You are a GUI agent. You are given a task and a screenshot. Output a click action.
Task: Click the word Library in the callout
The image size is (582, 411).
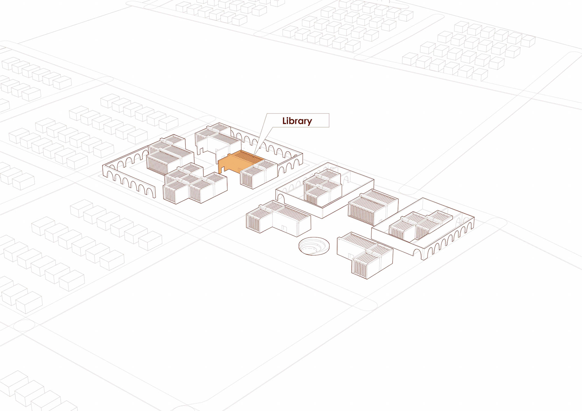297,121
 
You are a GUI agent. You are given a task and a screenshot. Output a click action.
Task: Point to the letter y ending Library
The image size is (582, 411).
309,122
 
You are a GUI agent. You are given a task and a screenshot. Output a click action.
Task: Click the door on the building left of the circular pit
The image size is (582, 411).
283,228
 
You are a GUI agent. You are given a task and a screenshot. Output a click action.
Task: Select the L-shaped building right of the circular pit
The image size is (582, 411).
365,254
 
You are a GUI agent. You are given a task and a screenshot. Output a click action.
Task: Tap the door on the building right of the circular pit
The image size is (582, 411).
351,257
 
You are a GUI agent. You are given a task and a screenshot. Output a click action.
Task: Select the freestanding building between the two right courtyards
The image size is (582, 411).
373,206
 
